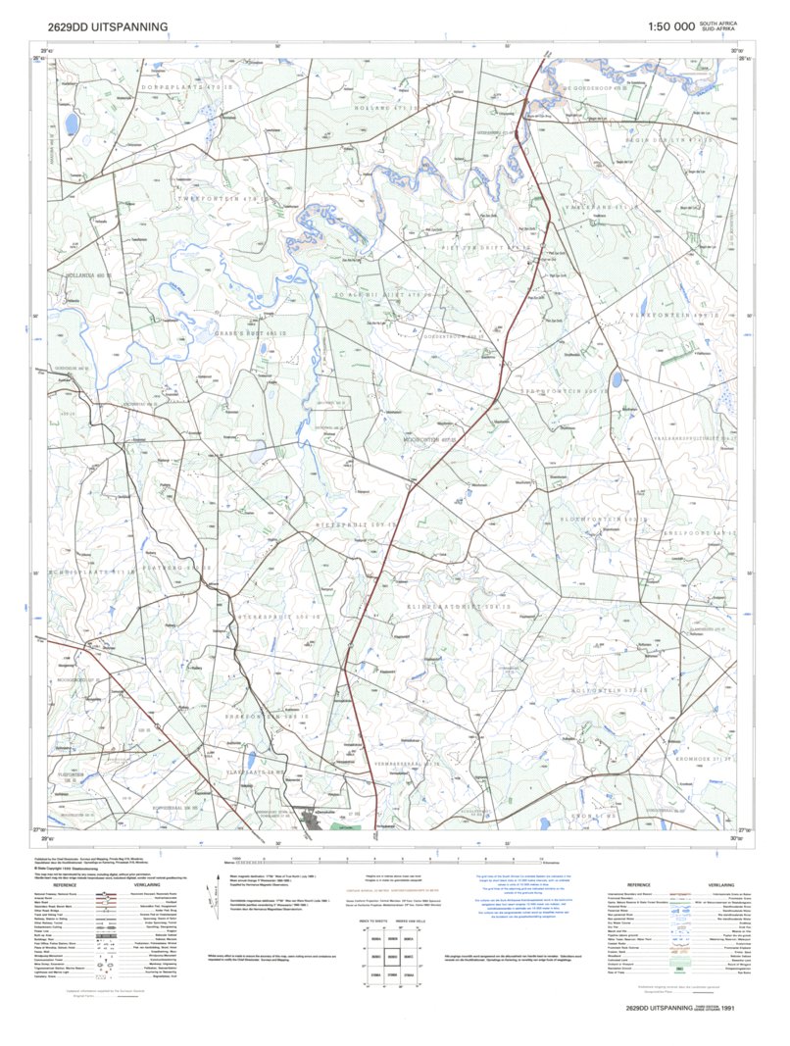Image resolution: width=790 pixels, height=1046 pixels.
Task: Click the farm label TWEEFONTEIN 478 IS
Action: click(203, 199)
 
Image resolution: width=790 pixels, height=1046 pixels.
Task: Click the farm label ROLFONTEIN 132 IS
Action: click(638, 691)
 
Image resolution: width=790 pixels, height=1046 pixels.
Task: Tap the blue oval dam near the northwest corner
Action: click(72, 124)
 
